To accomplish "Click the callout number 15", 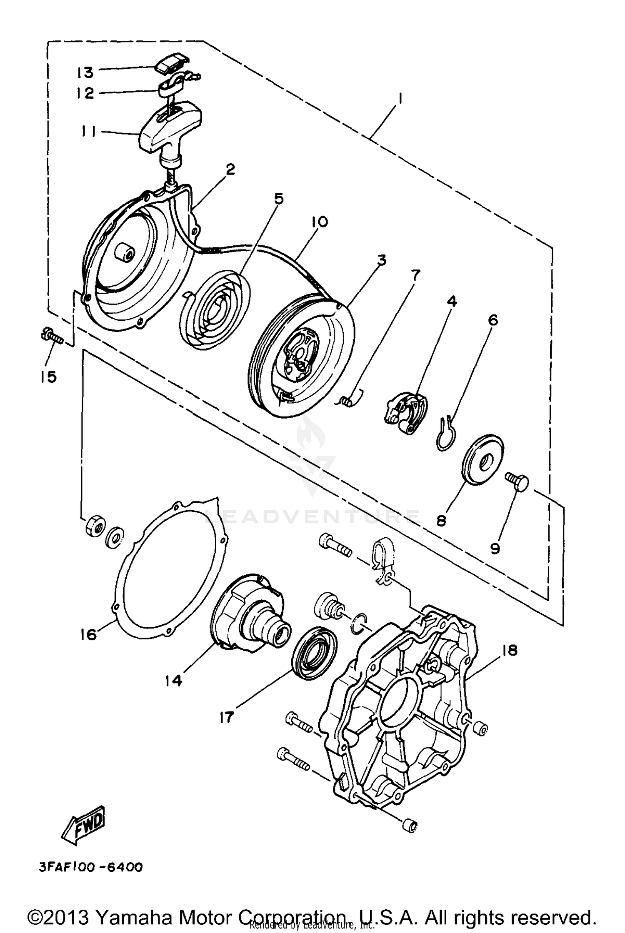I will (48, 377).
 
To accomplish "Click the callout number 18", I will (510, 650).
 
